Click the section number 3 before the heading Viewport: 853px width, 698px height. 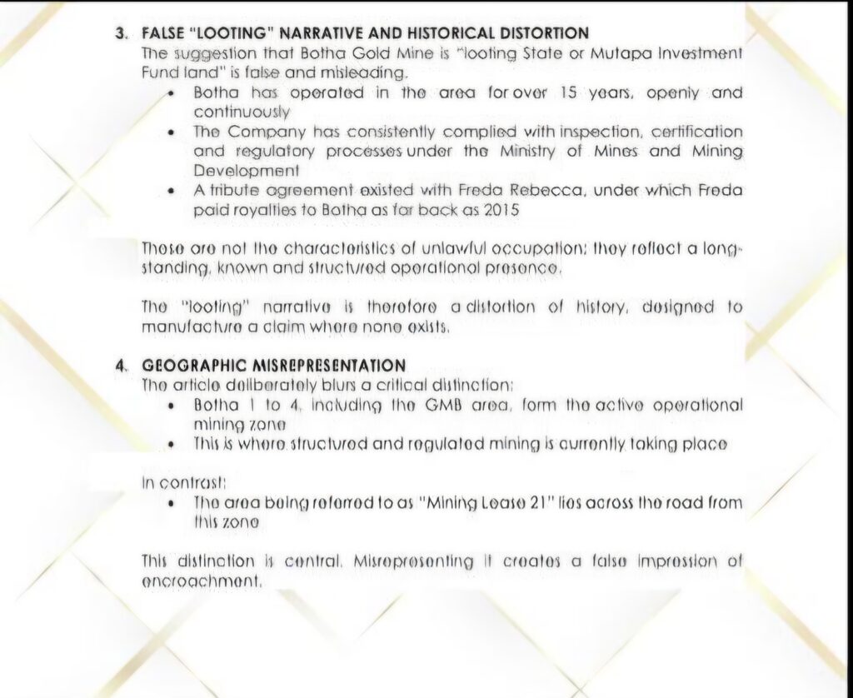pyautogui.click(x=119, y=34)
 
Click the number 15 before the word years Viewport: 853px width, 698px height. pyautogui.click(x=571, y=93)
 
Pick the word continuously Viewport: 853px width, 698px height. pyautogui.click(x=242, y=112)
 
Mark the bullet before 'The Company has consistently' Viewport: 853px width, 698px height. pyautogui.click(x=171, y=132)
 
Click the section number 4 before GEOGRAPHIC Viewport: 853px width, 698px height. pyautogui.click(x=120, y=366)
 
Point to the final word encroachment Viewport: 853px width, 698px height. pyautogui.click(x=202, y=581)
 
